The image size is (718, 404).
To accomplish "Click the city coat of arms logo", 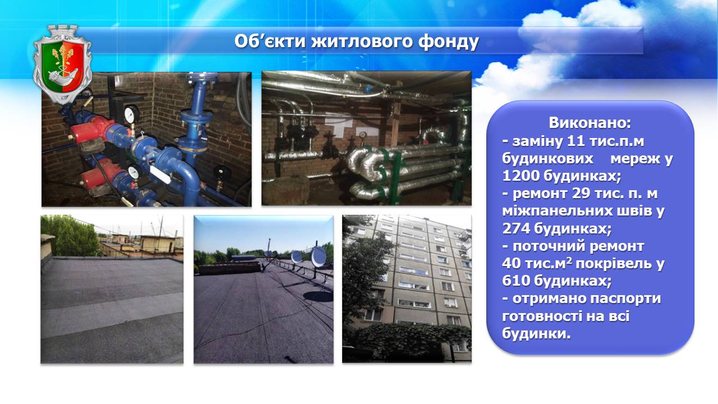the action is click(62, 64).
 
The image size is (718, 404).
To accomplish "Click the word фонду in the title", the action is click(448, 42).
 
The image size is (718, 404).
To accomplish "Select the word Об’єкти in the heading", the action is click(270, 41).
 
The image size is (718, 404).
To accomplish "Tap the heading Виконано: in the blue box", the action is click(590, 123).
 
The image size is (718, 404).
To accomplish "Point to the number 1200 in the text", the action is click(521, 176).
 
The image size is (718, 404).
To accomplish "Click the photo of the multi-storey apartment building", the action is click(407, 289).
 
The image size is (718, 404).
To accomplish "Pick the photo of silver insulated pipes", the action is click(366, 138).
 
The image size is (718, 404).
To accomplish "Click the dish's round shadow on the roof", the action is click(318, 296).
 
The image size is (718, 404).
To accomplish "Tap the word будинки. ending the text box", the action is click(537, 333).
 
